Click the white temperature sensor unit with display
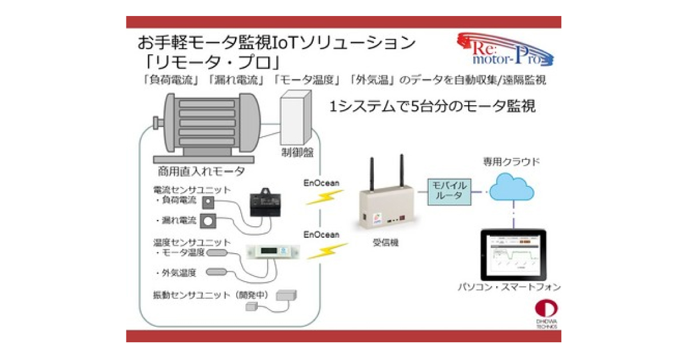pyautogui.click(x=273, y=251)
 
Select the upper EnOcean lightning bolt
pyautogui.click(x=324, y=197)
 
